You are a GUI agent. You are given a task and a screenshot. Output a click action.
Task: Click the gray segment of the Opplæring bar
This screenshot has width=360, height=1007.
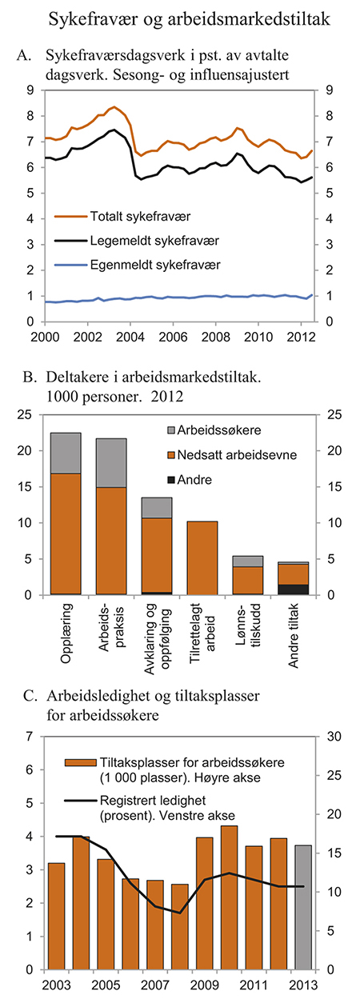[x=66, y=453]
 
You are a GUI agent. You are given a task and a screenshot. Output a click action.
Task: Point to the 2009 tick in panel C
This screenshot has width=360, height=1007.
[x=204, y=983]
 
